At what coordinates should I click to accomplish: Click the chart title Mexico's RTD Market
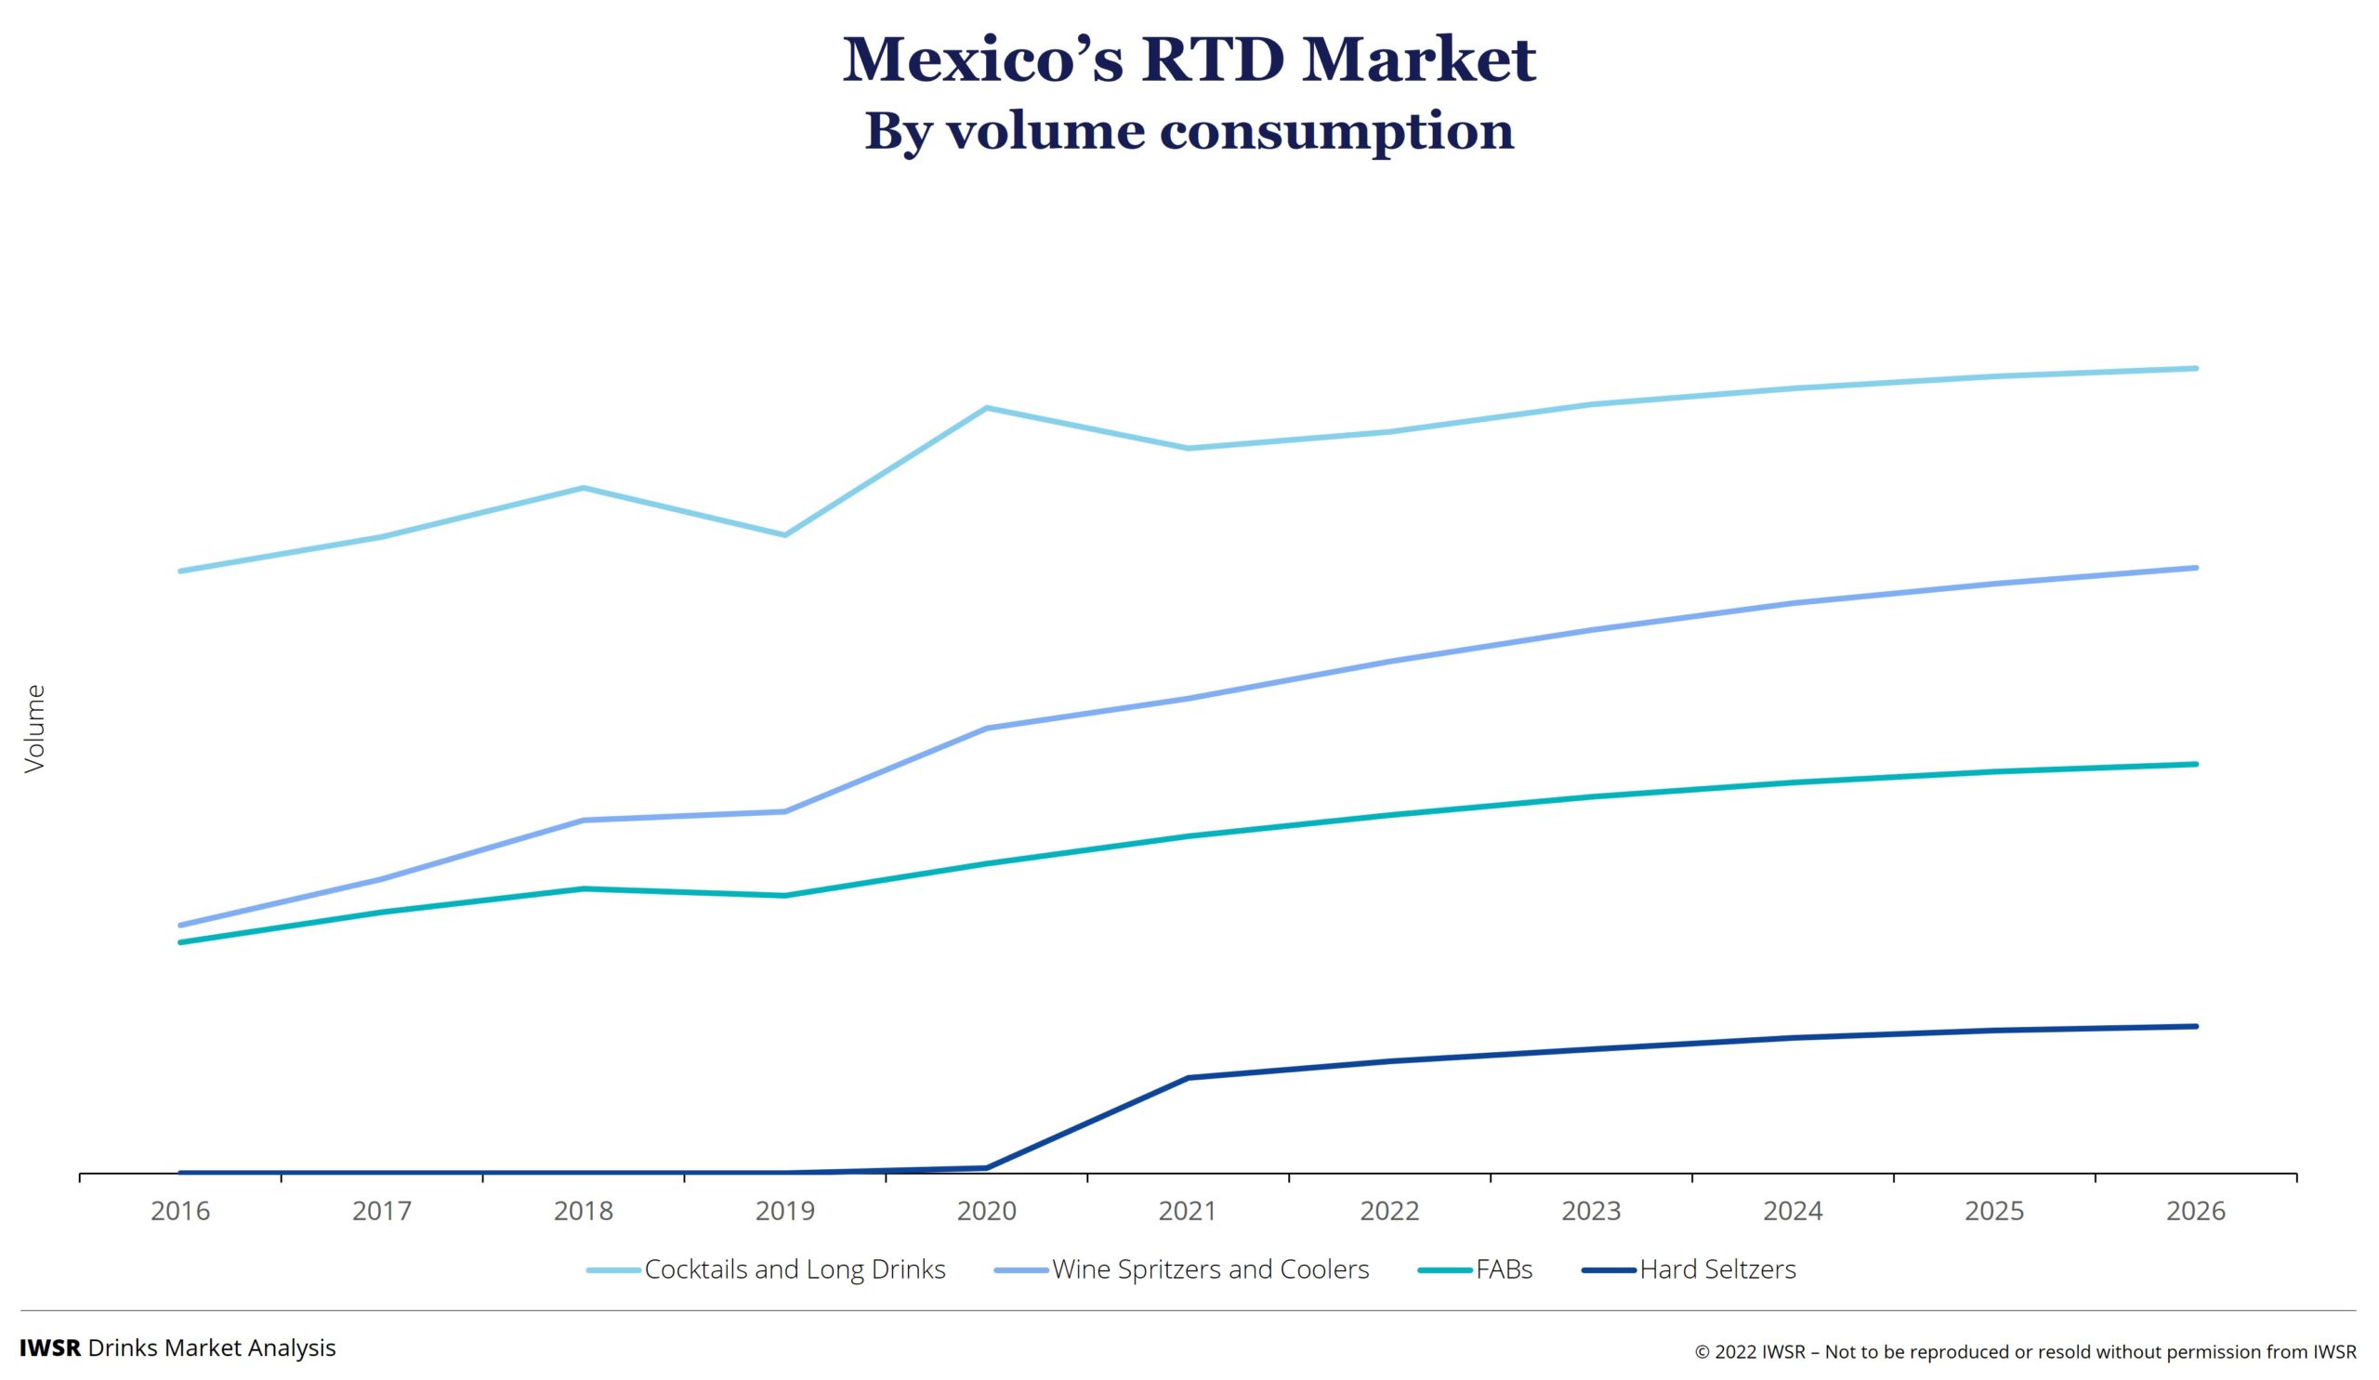tap(1189, 59)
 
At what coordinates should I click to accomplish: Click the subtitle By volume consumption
tap(1189, 131)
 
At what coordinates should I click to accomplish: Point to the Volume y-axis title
tap(35, 729)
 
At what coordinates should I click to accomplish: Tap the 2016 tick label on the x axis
tap(180, 1211)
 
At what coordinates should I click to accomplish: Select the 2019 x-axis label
tap(784, 1211)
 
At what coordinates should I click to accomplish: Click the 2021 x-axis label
tap(1188, 1211)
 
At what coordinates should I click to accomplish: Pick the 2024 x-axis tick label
tap(1793, 1211)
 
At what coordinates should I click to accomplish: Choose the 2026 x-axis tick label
tap(2196, 1211)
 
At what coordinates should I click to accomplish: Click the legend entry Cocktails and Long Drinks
tap(794, 1269)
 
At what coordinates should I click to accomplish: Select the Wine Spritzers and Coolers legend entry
tap(1209, 1269)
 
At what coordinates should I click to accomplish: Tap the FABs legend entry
tap(1504, 1269)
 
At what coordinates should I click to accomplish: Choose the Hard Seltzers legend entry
tap(1717, 1269)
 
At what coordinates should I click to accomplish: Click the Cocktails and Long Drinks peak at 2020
tap(987, 408)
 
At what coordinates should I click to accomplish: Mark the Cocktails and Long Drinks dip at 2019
tap(784, 535)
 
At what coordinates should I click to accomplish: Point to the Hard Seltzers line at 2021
tap(1189, 1078)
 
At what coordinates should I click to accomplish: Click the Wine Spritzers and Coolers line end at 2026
tap(2196, 568)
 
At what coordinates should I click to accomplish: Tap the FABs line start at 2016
tap(180, 942)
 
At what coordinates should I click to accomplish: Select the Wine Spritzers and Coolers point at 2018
tap(584, 821)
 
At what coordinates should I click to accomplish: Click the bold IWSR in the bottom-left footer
tap(50, 1347)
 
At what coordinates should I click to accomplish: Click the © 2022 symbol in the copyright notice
tap(1702, 1353)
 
